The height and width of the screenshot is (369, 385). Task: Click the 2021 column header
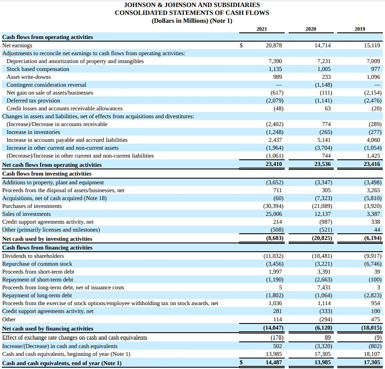(261, 29)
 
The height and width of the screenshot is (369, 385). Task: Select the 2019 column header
(360, 29)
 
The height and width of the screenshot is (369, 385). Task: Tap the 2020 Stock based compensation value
(324, 69)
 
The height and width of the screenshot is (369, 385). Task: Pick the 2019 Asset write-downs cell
(373, 77)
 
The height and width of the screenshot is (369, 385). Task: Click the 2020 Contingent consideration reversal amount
(324, 84)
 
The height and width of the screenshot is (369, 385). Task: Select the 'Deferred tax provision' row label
(33, 100)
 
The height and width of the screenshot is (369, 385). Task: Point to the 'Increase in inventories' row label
(33, 132)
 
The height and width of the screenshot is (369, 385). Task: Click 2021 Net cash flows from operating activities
(274, 164)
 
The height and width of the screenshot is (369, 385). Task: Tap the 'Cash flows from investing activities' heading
(47, 173)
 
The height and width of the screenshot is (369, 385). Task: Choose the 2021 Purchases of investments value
(272, 206)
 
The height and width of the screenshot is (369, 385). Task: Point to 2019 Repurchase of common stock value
(373, 264)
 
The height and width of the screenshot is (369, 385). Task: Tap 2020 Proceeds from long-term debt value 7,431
(324, 287)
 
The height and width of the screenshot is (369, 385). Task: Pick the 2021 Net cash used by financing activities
(273, 328)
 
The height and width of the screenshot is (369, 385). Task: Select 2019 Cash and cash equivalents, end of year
(372, 362)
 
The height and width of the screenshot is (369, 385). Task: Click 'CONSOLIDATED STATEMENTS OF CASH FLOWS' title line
(192, 13)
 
